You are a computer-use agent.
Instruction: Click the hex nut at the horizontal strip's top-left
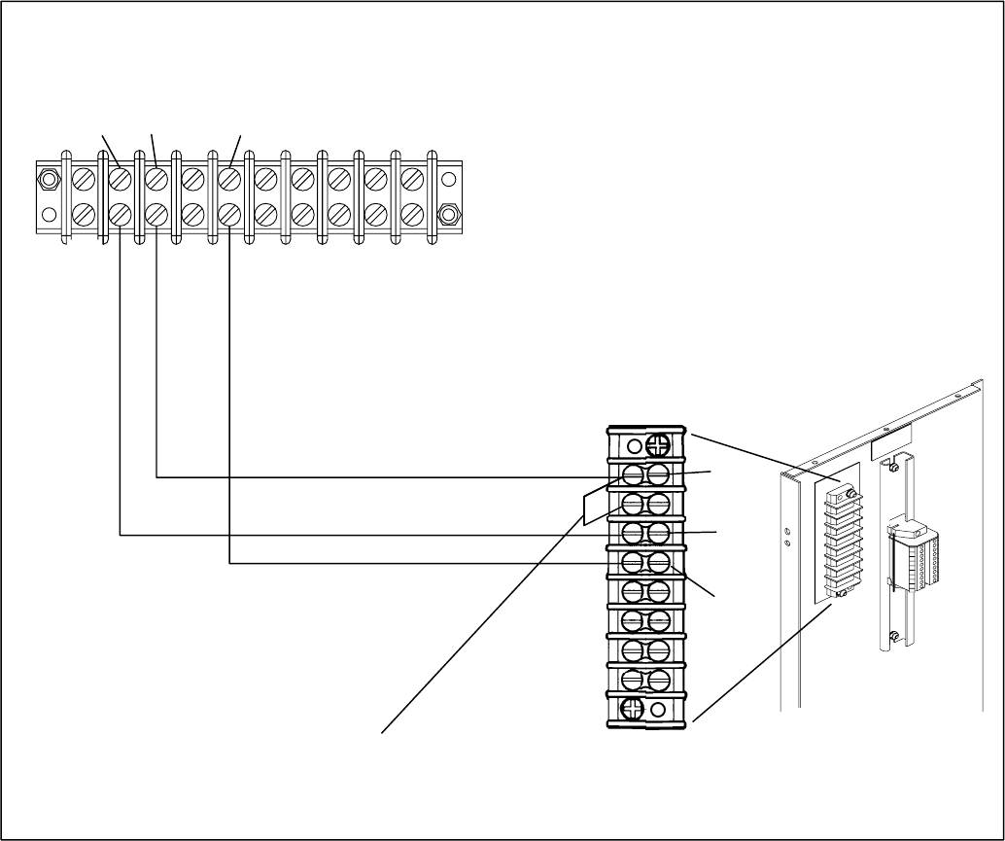pyautogui.click(x=47, y=179)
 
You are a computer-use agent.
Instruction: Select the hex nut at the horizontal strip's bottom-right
pyautogui.click(x=448, y=213)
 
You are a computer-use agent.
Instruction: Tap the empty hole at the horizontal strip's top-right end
pyautogui.click(x=448, y=179)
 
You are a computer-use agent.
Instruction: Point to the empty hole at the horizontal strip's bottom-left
pyautogui.click(x=47, y=214)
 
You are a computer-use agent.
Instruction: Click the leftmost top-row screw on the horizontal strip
pyautogui.click(x=84, y=179)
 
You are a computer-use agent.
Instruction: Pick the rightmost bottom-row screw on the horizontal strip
pyautogui.click(x=411, y=213)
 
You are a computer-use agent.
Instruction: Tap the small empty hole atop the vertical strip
pyautogui.click(x=633, y=447)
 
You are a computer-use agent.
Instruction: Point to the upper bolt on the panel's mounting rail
pyautogui.click(x=892, y=472)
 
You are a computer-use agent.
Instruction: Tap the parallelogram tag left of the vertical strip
pyautogui.click(x=595, y=507)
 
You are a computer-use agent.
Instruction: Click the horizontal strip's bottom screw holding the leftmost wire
pyautogui.click(x=120, y=213)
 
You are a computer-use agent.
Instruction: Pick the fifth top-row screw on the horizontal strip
pyautogui.click(x=228, y=179)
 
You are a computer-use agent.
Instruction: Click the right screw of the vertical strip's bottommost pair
pyautogui.click(x=658, y=679)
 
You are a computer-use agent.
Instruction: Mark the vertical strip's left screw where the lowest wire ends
pyautogui.click(x=633, y=562)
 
